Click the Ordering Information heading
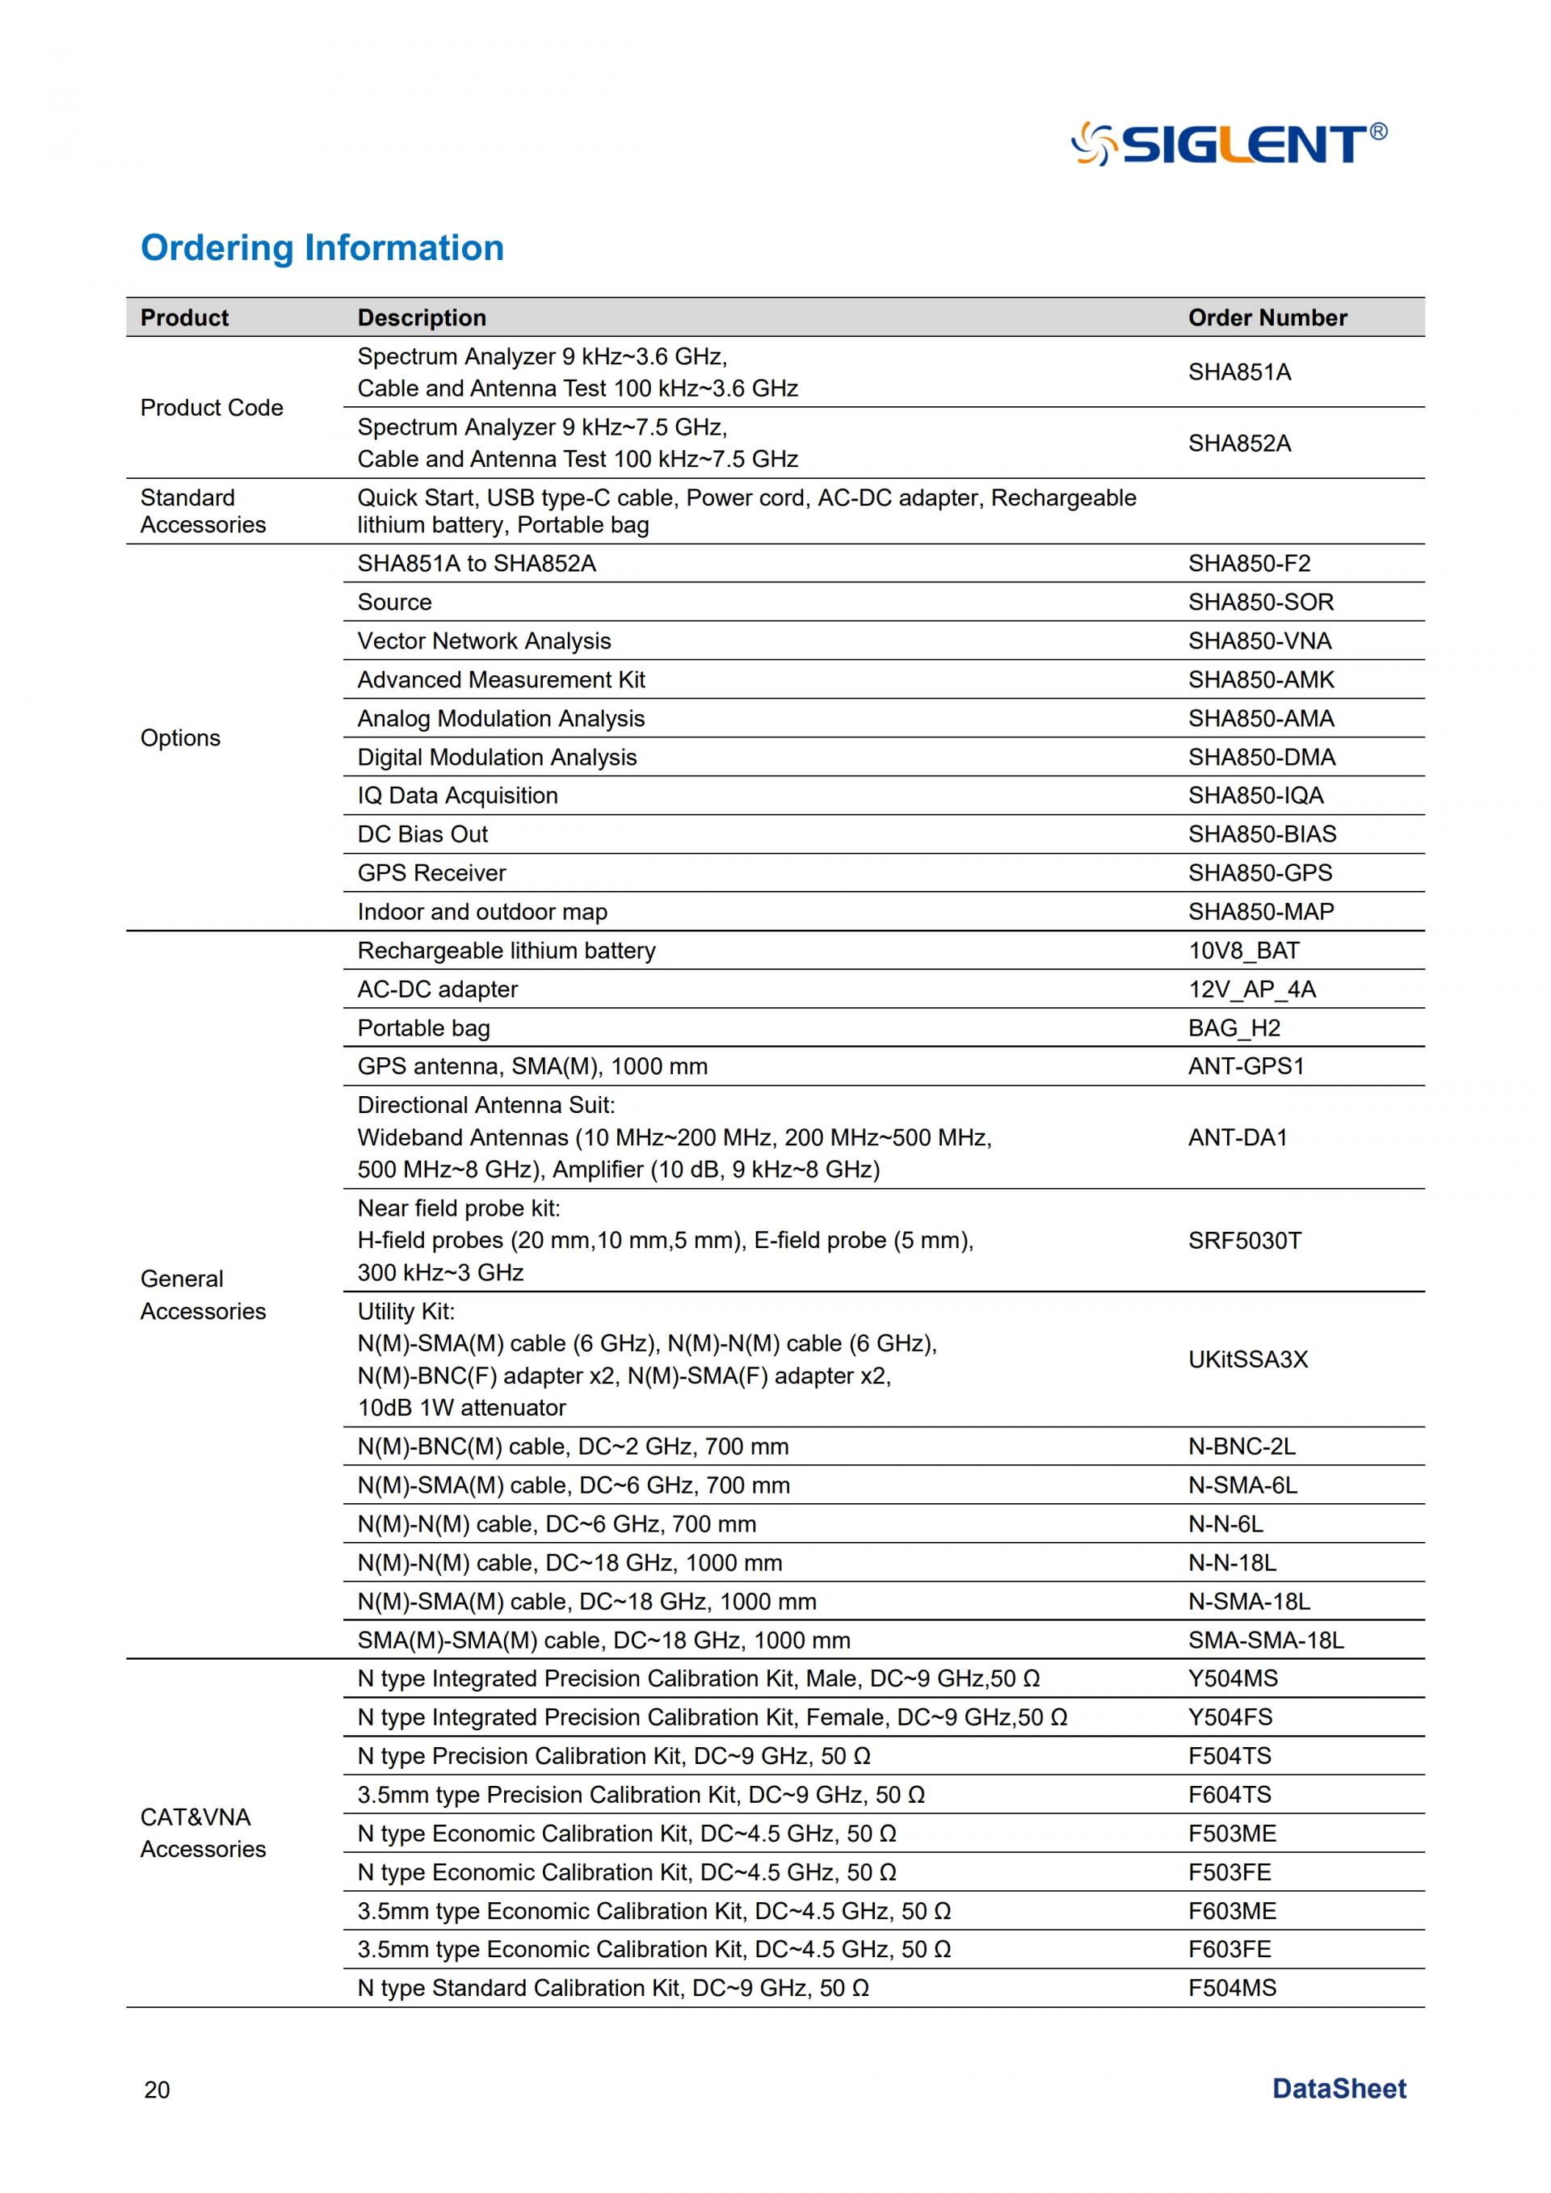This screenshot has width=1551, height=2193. [x=322, y=247]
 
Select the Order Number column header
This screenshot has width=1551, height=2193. [x=1267, y=318]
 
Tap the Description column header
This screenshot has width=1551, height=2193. [x=421, y=318]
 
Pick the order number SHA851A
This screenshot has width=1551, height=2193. [x=1238, y=372]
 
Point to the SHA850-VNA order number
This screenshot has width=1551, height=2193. [x=1259, y=641]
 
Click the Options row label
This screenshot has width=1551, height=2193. [x=180, y=738]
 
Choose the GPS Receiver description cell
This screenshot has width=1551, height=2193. [x=431, y=873]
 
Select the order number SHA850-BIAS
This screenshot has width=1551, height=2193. [x=1262, y=834]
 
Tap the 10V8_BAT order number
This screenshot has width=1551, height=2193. [x=1243, y=951]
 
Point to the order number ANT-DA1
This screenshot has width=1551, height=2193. [x=1238, y=1137]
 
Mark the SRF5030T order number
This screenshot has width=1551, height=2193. [x=1244, y=1241]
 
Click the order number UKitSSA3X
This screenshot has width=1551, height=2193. [x=1247, y=1359]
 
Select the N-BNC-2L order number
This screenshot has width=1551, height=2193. [x=1242, y=1446]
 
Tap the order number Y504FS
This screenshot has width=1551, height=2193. [x=1230, y=1717]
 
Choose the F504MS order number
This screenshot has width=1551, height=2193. [x=1232, y=1988]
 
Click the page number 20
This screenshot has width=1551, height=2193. [x=157, y=2090]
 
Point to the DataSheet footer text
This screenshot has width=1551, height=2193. [x=1339, y=2089]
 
